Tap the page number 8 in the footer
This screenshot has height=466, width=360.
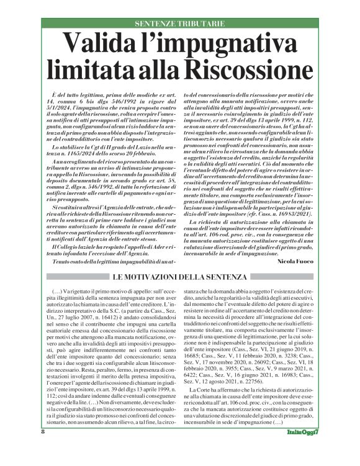click(43, 448)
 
